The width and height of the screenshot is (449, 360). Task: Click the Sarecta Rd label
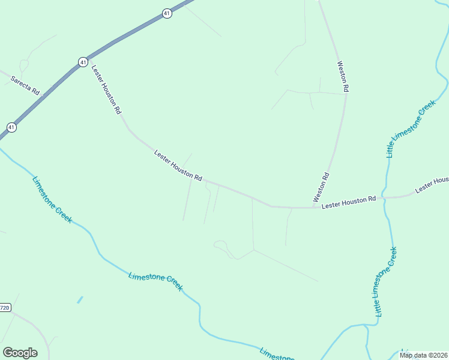pos(25,85)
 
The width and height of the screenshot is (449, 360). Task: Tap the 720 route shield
pos(5,308)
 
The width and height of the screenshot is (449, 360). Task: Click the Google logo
pos(20,353)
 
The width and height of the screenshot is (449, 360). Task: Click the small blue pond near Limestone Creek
pos(80,299)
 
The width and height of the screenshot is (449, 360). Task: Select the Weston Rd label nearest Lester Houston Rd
pos(321,187)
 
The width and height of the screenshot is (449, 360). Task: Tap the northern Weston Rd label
pos(343,76)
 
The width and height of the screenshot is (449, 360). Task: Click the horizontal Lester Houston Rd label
pos(349,203)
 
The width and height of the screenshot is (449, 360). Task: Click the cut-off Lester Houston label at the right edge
pos(432,184)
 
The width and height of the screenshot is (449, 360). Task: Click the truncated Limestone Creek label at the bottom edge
pos(276,354)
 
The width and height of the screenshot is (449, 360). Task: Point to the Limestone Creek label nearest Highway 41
pos(52,200)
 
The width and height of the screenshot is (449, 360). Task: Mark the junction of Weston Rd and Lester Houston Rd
pos(316,207)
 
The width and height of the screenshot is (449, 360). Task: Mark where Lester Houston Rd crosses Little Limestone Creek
pos(384,197)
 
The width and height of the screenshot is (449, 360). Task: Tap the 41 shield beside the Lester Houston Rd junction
pos(83,62)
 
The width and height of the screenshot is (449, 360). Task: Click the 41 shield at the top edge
pos(167,13)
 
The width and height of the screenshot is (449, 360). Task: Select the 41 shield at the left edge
pos(11,127)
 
